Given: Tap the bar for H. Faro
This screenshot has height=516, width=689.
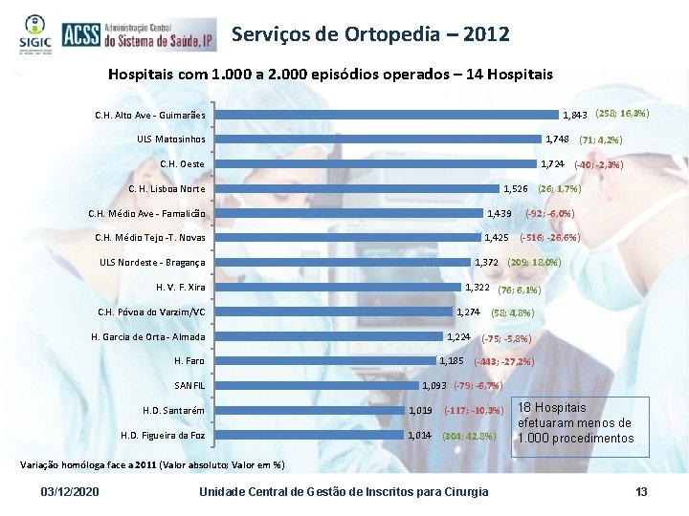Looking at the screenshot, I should pyautogui.click(x=326, y=360).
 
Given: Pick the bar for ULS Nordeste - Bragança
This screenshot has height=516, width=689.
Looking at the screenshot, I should pyautogui.click(x=344, y=262).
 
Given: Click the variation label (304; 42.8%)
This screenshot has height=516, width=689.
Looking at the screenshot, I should pyautogui.click(x=468, y=436).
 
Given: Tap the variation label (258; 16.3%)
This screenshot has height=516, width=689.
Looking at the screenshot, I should pyautogui.click(x=622, y=114).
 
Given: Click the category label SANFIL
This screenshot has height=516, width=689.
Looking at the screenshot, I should pyautogui.click(x=189, y=385).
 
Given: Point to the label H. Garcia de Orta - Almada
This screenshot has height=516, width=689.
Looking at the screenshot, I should pyautogui.click(x=147, y=336).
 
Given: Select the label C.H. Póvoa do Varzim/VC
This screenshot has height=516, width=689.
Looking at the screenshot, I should pyautogui.click(x=151, y=312).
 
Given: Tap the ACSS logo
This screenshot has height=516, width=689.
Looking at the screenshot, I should pyautogui.click(x=137, y=35).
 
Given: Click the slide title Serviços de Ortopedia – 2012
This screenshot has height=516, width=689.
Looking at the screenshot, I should pyautogui.click(x=370, y=34).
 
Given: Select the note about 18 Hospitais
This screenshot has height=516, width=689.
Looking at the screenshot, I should pyautogui.click(x=575, y=422).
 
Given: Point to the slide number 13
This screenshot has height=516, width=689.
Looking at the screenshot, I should pyautogui.click(x=641, y=491).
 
